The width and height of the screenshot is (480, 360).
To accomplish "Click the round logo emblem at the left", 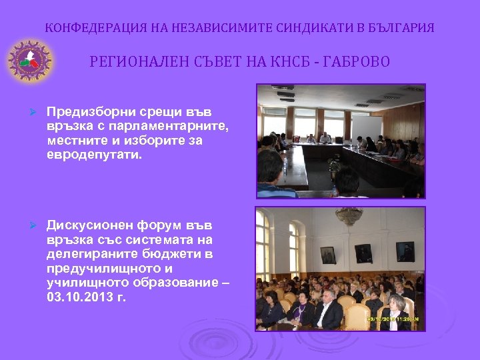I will tap(29, 61).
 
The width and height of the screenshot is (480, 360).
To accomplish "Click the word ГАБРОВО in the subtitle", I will tap(357, 62).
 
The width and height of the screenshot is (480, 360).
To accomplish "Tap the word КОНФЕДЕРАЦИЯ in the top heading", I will tap(89, 28).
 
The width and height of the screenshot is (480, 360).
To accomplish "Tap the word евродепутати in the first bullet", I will tap(90, 154).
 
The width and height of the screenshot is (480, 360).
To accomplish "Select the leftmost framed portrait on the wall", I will tap(327, 255).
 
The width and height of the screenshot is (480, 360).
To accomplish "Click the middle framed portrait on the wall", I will tap(363, 253).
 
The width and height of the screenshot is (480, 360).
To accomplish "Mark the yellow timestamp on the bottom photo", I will tap(392, 320).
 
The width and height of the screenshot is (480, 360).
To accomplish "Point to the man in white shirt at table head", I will tap(325, 137).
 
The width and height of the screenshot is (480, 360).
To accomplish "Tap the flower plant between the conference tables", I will tap(333, 164).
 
